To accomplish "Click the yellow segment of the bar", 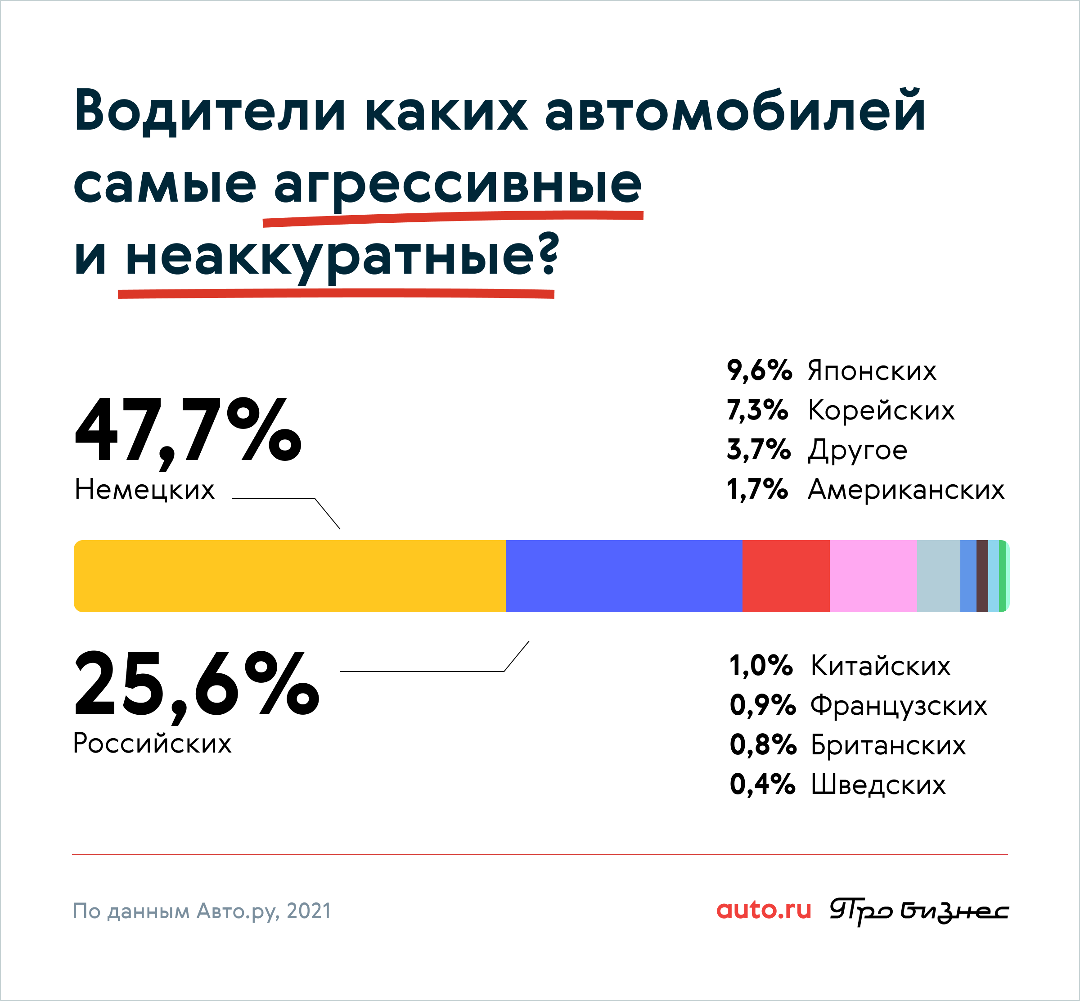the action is (x=290, y=576).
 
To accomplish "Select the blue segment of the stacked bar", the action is (x=624, y=576).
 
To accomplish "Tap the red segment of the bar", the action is (x=786, y=576).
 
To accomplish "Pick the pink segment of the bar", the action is (x=873, y=576).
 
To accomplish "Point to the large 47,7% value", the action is (x=188, y=432).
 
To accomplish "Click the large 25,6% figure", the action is (x=197, y=686).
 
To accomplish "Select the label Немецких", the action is (x=144, y=489).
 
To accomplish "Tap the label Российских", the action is (x=152, y=742).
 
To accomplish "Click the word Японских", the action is (x=872, y=371).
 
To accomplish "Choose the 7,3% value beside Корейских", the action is (x=757, y=410).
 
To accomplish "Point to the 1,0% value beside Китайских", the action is (x=761, y=666).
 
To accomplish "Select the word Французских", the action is (x=899, y=706).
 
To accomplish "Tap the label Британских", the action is (x=888, y=745).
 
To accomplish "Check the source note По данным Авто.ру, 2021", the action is (x=202, y=911).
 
